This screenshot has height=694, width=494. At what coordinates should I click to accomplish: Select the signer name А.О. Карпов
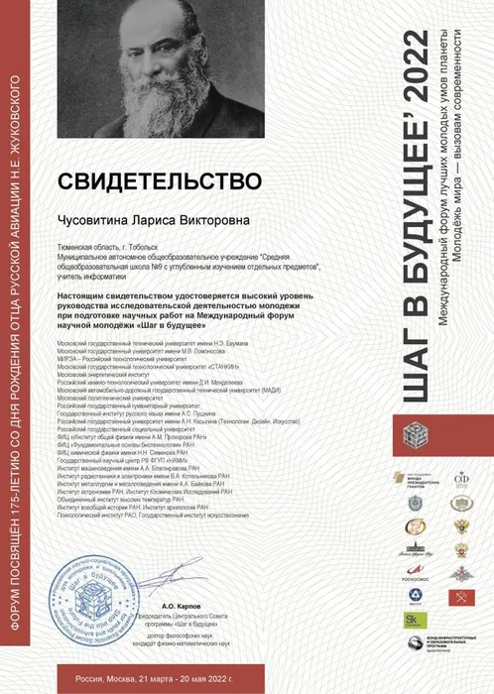[x=182, y=604]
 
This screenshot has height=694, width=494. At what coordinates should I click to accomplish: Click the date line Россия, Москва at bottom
[x=160, y=679]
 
